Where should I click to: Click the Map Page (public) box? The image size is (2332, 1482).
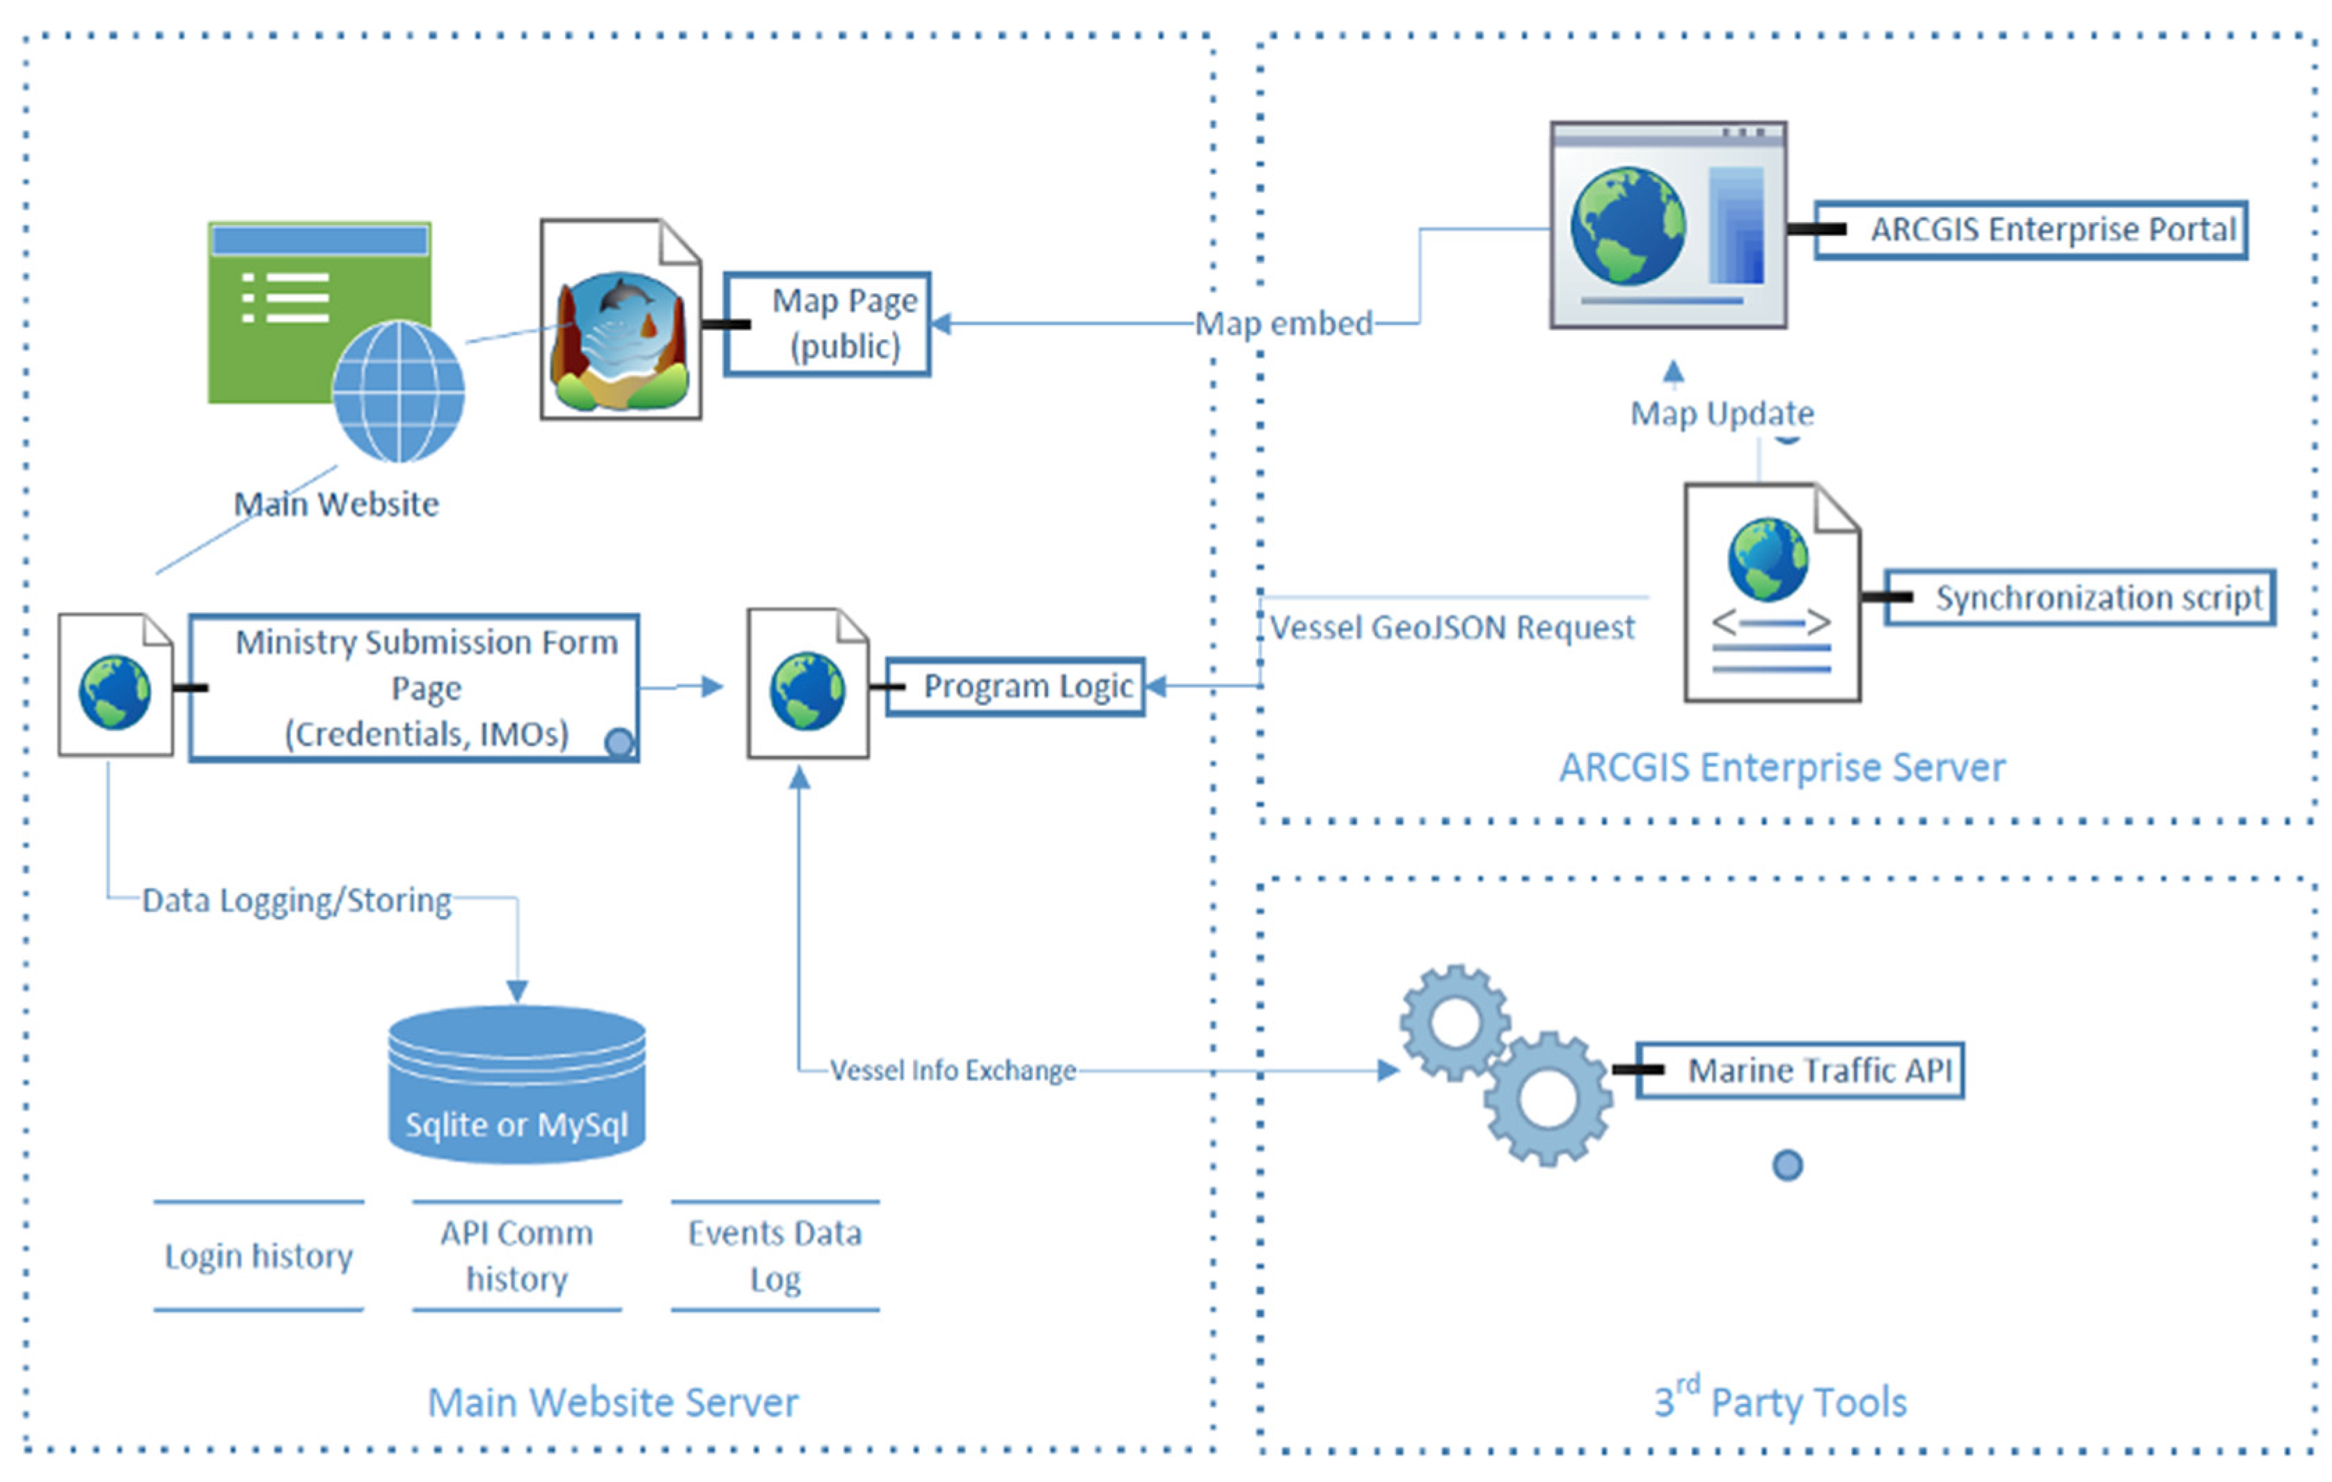[x=827, y=324]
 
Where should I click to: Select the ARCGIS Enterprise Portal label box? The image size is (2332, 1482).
[x=2031, y=230]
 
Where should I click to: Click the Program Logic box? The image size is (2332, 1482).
[x=1015, y=687]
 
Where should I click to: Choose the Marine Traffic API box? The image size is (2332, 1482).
[x=1800, y=1071]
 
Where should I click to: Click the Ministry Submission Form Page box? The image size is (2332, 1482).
[x=415, y=688]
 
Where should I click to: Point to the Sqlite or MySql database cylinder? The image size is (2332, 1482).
[x=516, y=1085]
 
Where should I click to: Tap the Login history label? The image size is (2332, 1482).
[x=259, y=1256]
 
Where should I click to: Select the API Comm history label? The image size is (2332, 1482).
[x=516, y=1256]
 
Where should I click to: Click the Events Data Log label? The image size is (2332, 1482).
[x=775, y=1256]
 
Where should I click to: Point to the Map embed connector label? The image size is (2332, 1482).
[x=1283, y=324]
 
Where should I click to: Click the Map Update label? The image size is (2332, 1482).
[x=1722, y=413]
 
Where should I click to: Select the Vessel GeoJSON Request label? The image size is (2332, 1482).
[x=1452, y=628]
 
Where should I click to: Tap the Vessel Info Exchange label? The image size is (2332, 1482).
[x=953, y=1071]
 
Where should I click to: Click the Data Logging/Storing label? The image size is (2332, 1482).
[x=296, y=901]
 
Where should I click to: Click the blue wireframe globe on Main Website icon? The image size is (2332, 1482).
[x=398, y=391]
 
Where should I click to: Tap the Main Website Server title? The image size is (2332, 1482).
[x=613, y=1403]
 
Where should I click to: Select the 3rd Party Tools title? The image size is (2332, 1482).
[x=1780, y=1401]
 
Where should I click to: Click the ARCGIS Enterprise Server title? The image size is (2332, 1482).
[x=1782, y=767]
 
